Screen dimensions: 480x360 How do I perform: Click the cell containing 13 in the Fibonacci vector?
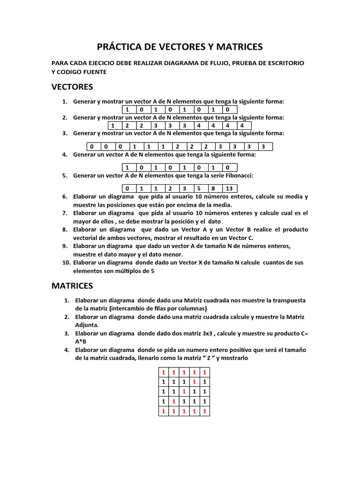[x=229, y=188]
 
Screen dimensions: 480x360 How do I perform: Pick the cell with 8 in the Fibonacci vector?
[x=214, y=188]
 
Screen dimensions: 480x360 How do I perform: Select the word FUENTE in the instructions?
[x=94, y=72]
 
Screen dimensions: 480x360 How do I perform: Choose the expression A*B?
[x=81, y=341]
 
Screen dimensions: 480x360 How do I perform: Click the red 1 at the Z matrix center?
[x=184, y=391]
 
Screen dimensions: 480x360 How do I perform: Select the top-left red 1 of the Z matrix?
[x=163, y=372]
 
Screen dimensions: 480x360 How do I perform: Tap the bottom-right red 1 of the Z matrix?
[x=205, y=411]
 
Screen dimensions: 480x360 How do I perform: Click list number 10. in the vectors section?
[x=66, y=262]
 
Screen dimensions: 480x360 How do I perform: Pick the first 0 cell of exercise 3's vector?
[x=92, y=146]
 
